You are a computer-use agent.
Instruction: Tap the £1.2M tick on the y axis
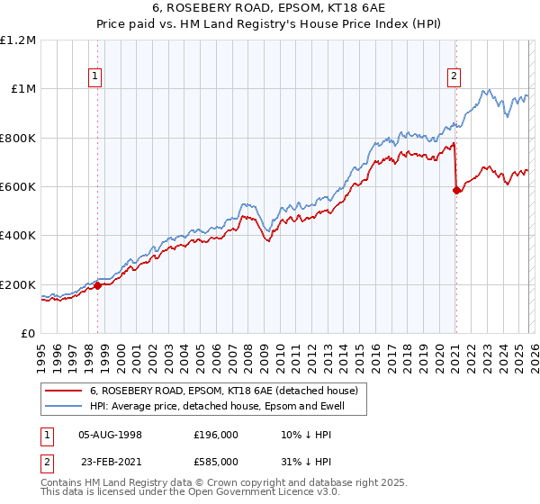(x=18, y=40)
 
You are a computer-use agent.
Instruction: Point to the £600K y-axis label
(x=18, y=187)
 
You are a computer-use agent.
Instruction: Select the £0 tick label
(x=27, y=334)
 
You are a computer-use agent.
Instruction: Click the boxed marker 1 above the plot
(x=96, y=77)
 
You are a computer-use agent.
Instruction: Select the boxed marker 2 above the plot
(x=455, y=77)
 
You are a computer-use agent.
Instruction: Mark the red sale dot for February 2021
(x=456, y=190)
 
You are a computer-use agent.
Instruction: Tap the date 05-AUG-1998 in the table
(x=110, y=434)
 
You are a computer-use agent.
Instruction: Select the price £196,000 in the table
(x=215, y=434)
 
